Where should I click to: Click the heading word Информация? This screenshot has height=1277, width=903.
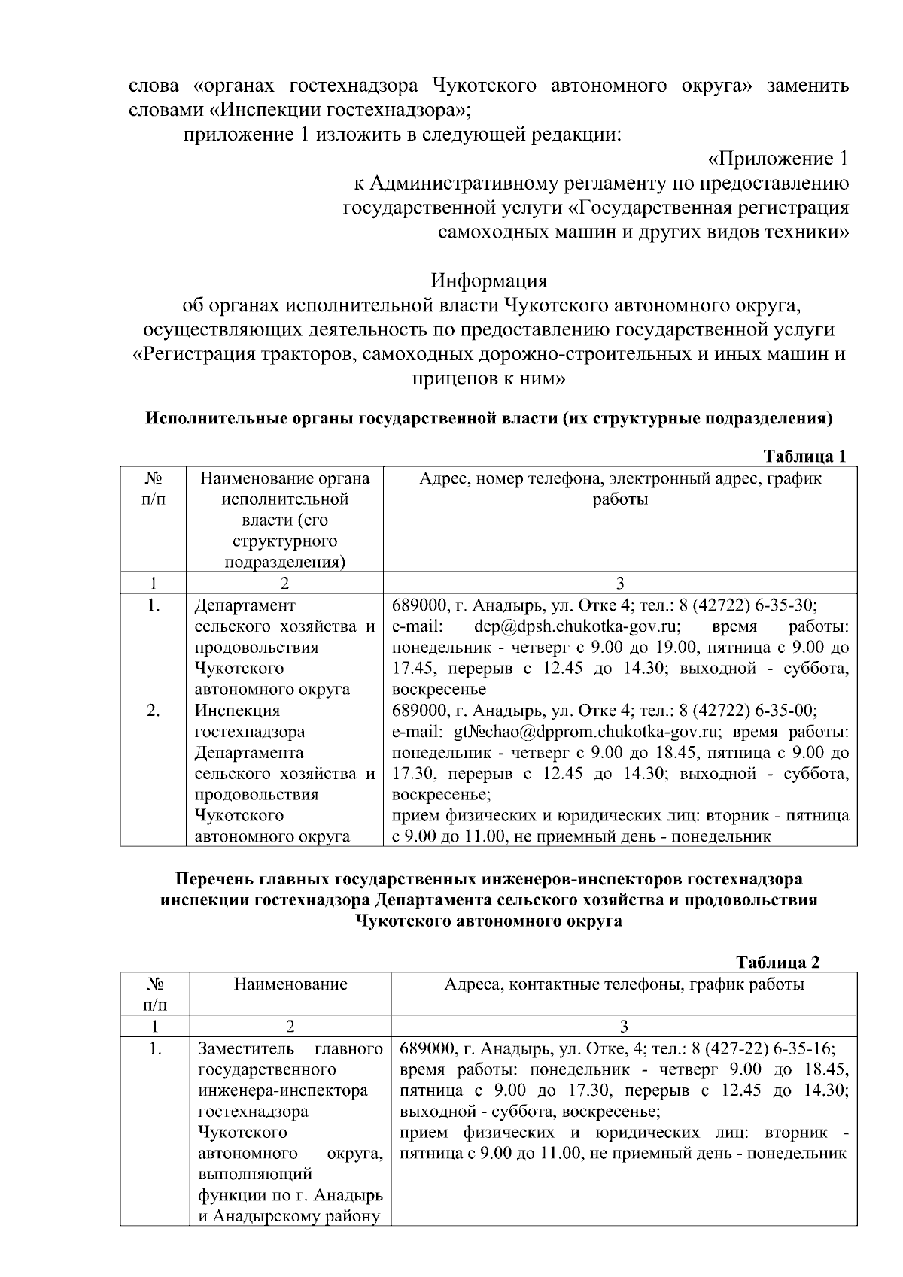coord(488,281)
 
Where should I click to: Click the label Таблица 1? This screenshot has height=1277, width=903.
coord(805,456)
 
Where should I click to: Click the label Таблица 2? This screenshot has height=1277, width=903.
coord(778,962)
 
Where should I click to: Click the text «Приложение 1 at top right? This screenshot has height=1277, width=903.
coord(778,159)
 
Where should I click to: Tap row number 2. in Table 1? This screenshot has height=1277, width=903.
coord(153,710)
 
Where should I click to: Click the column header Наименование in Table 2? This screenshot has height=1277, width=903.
coord(290,984)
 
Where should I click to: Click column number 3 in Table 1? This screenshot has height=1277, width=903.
coord(620,583)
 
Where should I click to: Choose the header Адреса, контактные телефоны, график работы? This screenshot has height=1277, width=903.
coord(624,984)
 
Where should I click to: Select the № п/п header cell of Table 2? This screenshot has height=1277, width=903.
coord(154,993)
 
